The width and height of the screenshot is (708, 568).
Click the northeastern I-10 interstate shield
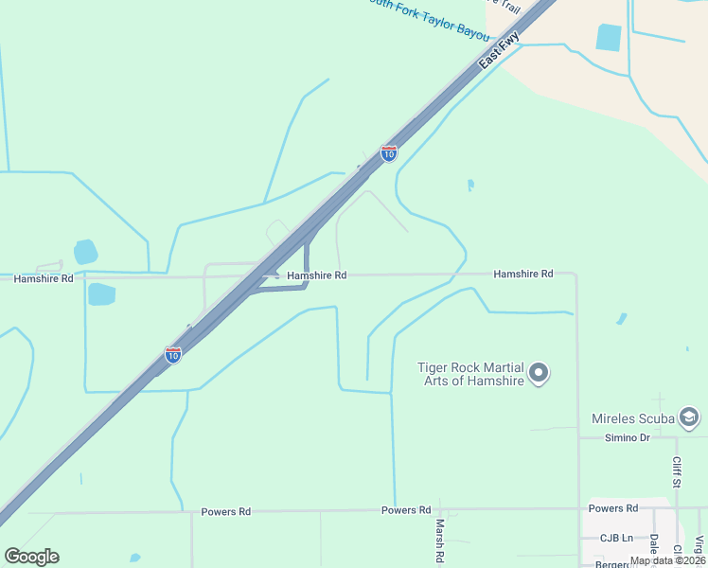(x=389, y=152)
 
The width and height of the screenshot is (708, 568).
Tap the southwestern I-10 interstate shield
(x=173, y=354)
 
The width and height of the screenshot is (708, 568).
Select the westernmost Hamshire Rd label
(x=44, y=279)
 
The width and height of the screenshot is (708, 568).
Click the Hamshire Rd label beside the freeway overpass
(x=317, y=275)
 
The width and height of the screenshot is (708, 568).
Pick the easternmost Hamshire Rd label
(x=522, y=274)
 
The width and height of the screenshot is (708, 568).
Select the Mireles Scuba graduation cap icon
(x=689, y=417)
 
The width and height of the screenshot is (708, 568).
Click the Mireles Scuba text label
(x=633, y=418)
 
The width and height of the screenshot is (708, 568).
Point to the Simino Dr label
(x=628, y=437)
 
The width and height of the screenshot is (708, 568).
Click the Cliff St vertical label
(x=677, y=473)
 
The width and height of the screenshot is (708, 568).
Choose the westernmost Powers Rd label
(x=225, y=512)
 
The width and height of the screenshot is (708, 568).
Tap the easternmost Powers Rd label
(x=612, y=508)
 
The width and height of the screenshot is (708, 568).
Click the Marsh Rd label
(x=440, y=539)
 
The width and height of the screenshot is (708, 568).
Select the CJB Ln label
(x=616, y=538)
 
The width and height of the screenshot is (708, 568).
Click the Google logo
(x=32, y=557)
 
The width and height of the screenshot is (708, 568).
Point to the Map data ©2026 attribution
(x=666, y=560)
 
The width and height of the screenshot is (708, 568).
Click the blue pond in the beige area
(x=609, y=37)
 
